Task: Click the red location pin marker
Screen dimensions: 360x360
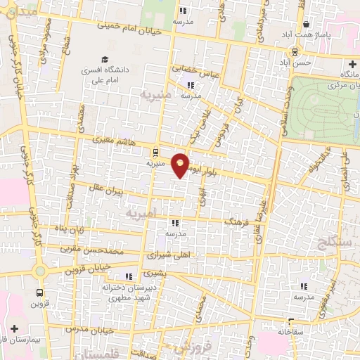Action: pyautogui.click(x=181, y=165)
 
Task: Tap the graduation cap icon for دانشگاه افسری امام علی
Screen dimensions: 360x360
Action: pyautogui.click(x=104, y=60)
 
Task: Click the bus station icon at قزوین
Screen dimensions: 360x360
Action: pyautogui.click(x=40, y=292)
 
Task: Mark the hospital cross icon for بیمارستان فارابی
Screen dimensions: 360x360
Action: pyautogui.click(x=15, y=328)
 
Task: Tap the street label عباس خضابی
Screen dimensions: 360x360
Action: pyautogui.click(x=202, y=71)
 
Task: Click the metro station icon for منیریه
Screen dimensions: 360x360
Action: pyautogui.click(x=155, y=151)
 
